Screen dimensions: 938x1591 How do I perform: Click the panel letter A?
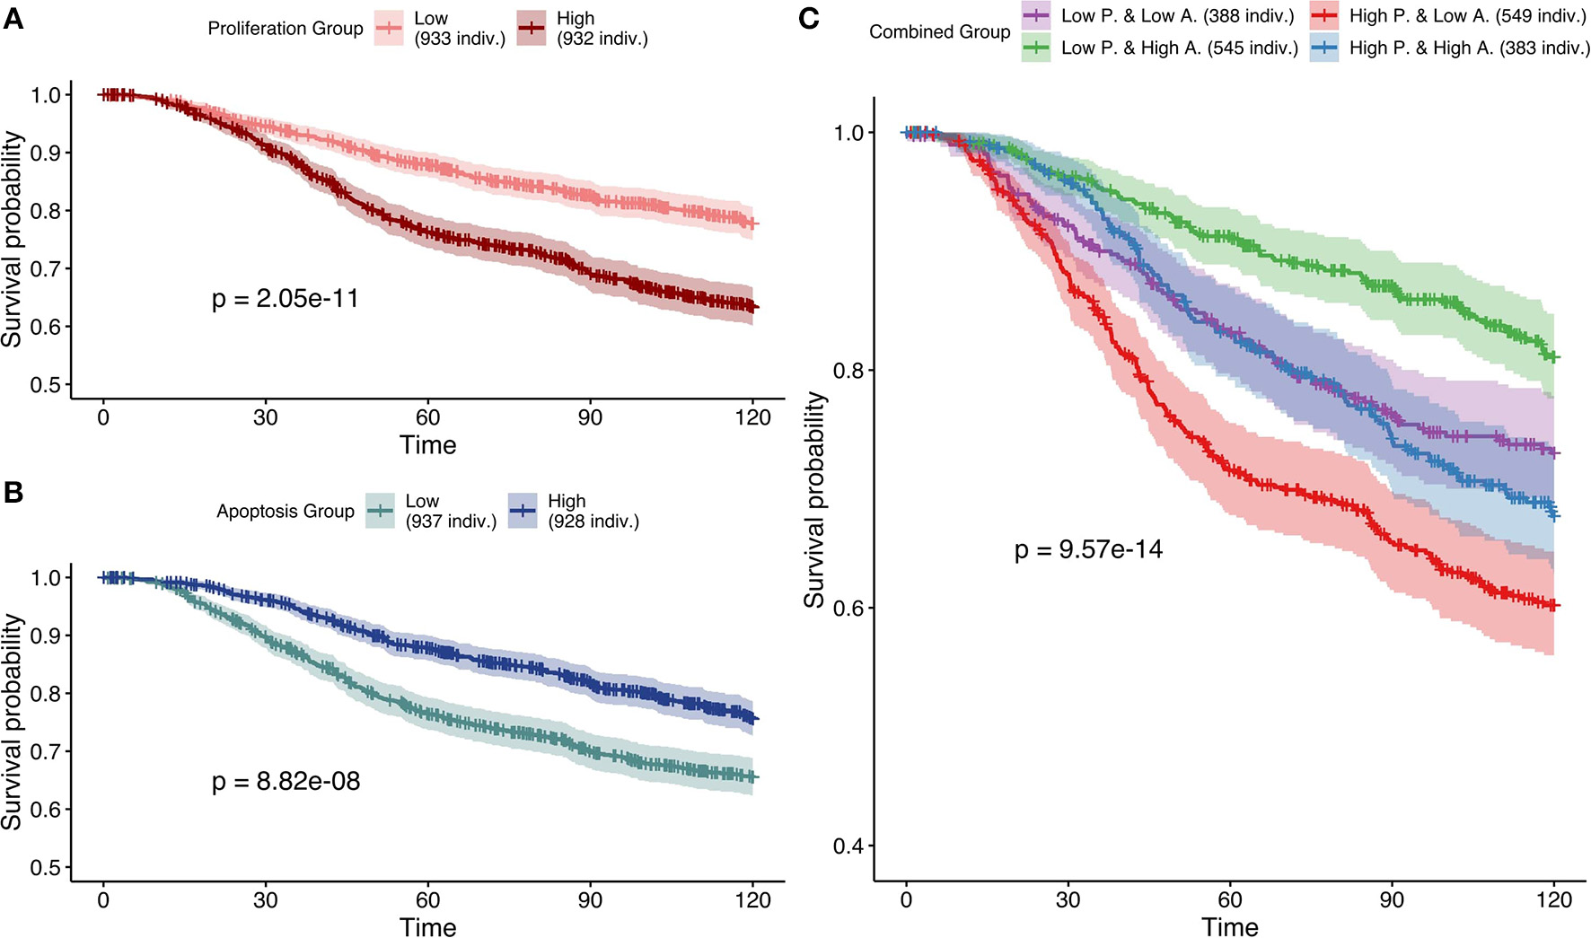click(x=13, y=18)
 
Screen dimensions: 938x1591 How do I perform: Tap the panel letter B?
click(x=13, y=491)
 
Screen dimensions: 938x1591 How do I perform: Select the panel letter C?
click(x=808, y=18)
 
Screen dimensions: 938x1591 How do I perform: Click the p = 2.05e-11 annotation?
click(x=286, y=299)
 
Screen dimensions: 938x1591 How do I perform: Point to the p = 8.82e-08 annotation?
click(x=286, y=782)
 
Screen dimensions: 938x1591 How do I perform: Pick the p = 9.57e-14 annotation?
click(x=1088, y=549)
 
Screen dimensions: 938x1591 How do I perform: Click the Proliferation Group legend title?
click(x=286, y=29)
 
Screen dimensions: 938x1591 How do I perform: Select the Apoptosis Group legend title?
click(x=286, y=512)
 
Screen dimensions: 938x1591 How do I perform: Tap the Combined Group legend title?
click(x=939, y=32)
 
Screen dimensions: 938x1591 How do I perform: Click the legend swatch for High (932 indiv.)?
click(x=532, y=29)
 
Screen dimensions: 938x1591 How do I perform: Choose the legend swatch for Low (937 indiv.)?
click(x=382, y=512)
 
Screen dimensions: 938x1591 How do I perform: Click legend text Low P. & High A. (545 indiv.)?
click(x=1180, y=48)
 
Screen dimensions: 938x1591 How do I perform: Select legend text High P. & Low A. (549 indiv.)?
click(x=1468, y=16)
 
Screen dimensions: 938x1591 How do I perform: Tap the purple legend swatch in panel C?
click(x=1036, y=16)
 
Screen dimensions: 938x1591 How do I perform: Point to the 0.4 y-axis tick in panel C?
click(x=848, y=846)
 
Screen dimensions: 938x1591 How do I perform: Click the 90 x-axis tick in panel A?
click(x=590, y=418)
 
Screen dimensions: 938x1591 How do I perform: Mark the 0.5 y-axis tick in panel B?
click(x=47, y=868)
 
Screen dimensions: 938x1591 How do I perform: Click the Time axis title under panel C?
click(x=1230, y=926)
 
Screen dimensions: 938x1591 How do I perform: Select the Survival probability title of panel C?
click(x=814, y=499)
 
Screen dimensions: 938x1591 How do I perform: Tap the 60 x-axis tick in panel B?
click(x=427, y=900)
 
